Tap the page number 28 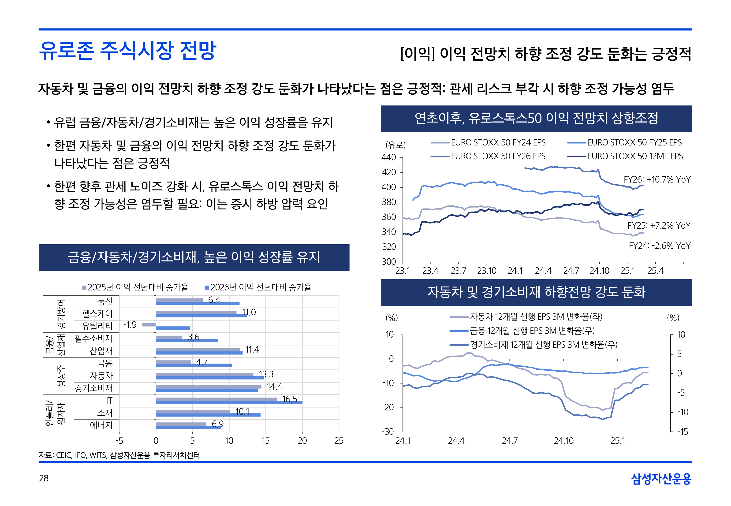click(x=44, y=478)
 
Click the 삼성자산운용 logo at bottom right click(x=661, y=479)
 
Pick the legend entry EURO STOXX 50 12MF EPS click(x=635, y=156)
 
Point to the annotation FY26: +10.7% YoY click(x=656, y=180)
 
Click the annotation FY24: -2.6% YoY click(x=659, y=246)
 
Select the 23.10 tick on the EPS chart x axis click(x=487, y=271)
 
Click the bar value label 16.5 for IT click(x=290, y=399)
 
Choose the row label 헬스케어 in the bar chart click(x=97, y=313)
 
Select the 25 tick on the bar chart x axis click(x=339, y=441)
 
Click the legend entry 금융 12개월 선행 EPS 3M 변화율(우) click(x=532, y=331)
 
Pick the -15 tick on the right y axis click(x=683, y=432)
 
